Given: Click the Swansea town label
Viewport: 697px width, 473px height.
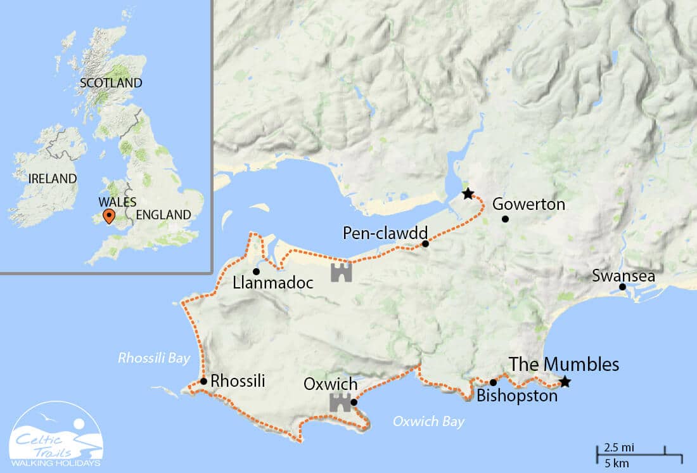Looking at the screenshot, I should click(x=623, y=276).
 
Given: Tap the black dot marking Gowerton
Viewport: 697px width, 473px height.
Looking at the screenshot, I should click(x=505, y=219).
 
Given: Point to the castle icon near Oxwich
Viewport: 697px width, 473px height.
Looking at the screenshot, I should click(x=340, y=402).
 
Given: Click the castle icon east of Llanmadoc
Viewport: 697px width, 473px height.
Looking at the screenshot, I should click(x=341, y=273).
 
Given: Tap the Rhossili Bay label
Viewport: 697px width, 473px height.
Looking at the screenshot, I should click(x=154, y=358).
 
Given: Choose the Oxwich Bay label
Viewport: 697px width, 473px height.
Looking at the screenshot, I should click(x=428, y=421).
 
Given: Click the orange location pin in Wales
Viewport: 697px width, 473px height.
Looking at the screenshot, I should click(x=109, y=217).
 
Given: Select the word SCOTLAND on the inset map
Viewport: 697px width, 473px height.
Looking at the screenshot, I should click(x=111, y=83).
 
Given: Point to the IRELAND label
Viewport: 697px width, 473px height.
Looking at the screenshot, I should click(x=52, y=179).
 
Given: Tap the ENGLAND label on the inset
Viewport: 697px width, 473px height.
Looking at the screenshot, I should click(x=163, y=215).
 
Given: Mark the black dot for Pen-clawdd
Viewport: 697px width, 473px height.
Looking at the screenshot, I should click(x=425, y=243).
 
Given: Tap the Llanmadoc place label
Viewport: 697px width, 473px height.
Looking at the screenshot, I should click(x=273, y=283).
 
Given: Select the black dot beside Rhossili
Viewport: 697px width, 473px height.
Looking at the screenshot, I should click(x=203, y=381).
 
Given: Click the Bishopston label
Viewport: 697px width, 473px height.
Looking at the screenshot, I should click(x=517, y=396).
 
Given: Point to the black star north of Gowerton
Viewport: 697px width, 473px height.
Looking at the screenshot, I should click(x=468, y=193).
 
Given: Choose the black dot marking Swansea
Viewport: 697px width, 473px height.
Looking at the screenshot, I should click(x=622, y=287).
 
